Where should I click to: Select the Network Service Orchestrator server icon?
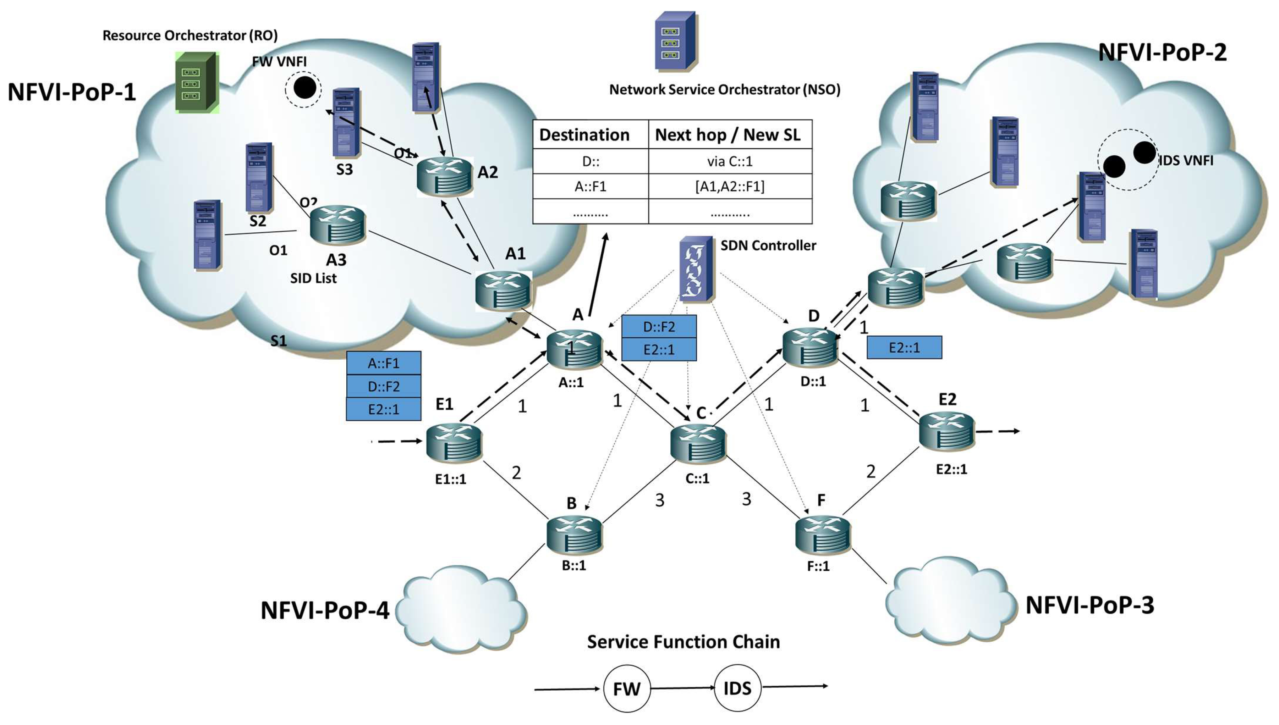[x=675, y=41]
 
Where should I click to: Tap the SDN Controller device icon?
[x=696, y=269]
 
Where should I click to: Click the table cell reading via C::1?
[x=730, y=161]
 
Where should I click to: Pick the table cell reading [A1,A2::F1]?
[x=730, y=186]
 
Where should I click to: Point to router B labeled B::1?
[x=574, y=535]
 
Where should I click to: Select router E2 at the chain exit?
[x=946, y=432]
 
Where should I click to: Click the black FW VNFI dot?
[x=304, y=88]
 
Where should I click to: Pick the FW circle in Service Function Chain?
[x=627, y=689]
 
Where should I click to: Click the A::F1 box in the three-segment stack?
[x=384, y=363]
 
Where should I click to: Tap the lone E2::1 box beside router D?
[x=904, y=348]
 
